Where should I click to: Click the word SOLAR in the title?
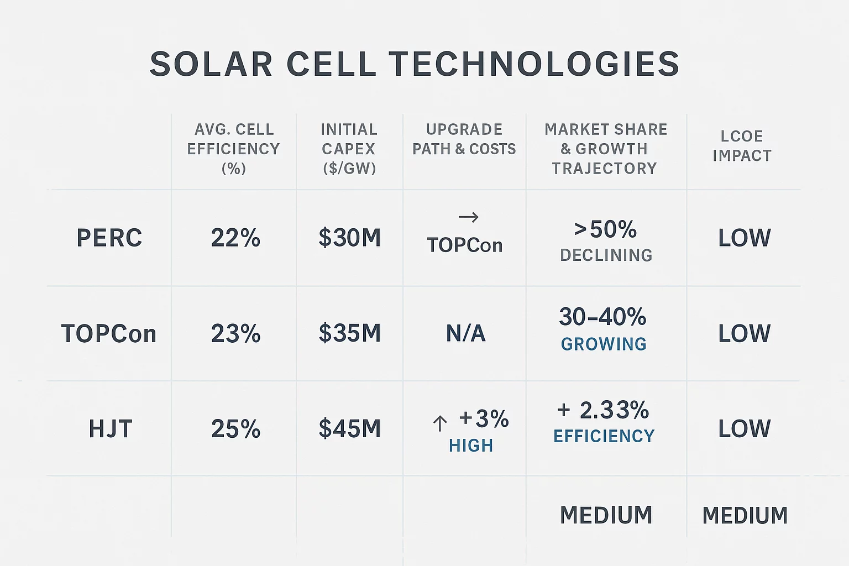coord(211,64)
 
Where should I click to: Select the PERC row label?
coord(109,238)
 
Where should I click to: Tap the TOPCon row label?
coord(109,334)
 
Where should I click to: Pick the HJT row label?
coord(111,429)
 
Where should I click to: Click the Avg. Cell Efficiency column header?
coord(234,149)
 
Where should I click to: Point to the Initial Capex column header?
coord(349,149)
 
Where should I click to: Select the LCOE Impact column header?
coord(742,146)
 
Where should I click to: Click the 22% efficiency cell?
coord(235,238)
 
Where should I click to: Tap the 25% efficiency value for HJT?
coord(235,429)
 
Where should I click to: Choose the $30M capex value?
coord(350,238)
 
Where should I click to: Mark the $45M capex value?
coord(350,429)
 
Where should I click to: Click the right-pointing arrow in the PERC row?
coord(469,217)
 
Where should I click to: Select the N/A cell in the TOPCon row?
coord(465,334)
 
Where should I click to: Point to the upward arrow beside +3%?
coord(440,424)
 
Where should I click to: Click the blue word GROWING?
coord(604,344)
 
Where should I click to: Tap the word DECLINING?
coord(606,255)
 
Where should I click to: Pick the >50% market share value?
coord(605,229)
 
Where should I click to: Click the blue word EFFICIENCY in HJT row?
coord(604,437)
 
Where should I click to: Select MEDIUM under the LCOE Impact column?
coord(745,516)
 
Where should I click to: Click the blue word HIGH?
coord(471,446)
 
